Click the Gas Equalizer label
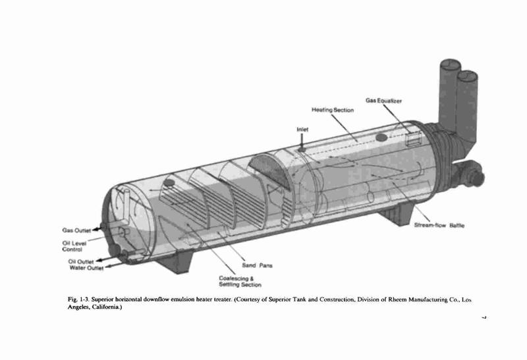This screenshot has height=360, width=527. [383, 101]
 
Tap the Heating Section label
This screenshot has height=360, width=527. [333, 110]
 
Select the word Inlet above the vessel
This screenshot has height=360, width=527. [302, 129]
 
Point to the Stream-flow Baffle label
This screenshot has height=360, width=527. [439, 225]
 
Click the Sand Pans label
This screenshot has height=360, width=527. [257, 265]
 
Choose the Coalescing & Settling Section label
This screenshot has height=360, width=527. [240, 282]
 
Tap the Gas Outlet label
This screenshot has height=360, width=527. [76, 230]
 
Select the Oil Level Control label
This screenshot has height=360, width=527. [74, 246]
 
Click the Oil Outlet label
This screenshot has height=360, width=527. [81, 261]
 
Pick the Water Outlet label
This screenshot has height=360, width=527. [86, 268]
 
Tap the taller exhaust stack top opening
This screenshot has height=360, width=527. [449, 64]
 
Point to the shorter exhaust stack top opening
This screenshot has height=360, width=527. [468, 76]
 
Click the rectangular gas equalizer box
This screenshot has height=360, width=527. [414, 138]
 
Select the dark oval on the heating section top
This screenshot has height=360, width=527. [381, 138]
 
